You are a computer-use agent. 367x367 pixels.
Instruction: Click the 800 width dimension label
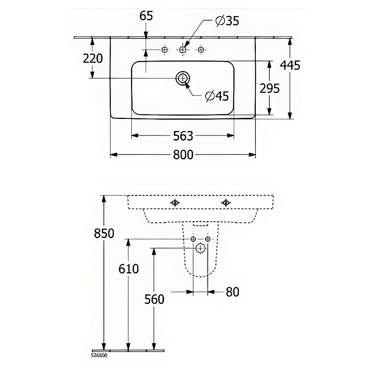pyautogui.click(x=183, y=155)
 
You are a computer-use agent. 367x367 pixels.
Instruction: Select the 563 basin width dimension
pyautogui.click(x=183, y=136)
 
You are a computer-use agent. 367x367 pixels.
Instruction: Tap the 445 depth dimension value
pyautogui.click(x=290, y=65)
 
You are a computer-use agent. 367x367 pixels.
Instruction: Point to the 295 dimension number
pyautogui.click(x=270, y=88)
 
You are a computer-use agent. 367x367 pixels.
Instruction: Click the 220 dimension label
pyautogui.click(x=93, y=58)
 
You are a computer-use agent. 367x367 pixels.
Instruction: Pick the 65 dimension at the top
pyautogui.click(x=146, y=16)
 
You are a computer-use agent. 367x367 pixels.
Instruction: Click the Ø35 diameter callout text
pyautogui.click(x=227, y=21)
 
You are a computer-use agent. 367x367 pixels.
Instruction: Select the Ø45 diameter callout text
pyautogui.click(x=217, y=96)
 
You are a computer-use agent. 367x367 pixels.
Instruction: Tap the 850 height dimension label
pyautogui.click(x=104, y=233)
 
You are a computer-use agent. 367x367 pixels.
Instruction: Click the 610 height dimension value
pyautogui.click(x=128, y=269)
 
